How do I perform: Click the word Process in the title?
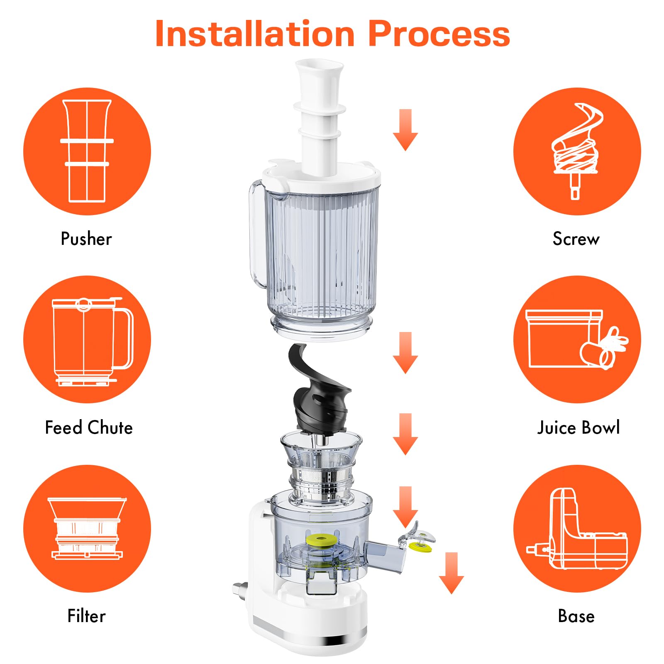tap(439, 34)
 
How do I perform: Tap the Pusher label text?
tap(86, 239)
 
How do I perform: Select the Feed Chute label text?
tap(88, 428)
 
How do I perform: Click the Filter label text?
tap(86, 616)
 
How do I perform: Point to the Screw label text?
tap(576, 239)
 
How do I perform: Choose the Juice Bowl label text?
tap(579, 428)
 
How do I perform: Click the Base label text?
tap(576, 616)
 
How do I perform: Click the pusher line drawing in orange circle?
tap(87, 151)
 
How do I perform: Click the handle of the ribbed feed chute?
tap(256, 234)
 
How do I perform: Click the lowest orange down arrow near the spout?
tap(451, 573)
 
